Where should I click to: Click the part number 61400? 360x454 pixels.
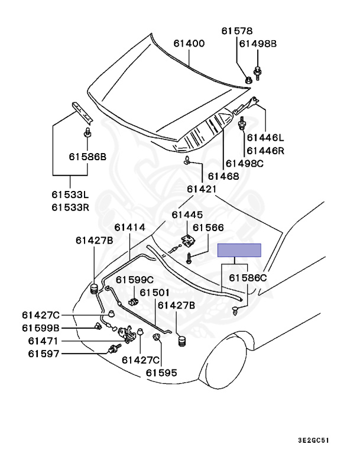tap(189, 43)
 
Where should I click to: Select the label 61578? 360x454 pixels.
tap(237, 31)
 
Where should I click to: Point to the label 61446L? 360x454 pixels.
tap(265, 138)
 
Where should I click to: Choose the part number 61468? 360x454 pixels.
tap(222, 176)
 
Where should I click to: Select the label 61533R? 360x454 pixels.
tap(70, 207)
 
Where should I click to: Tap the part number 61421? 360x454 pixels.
tap(202, 189)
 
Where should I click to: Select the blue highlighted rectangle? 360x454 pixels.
tap(239, 250)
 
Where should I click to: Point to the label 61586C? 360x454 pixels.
tap(248, 277)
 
